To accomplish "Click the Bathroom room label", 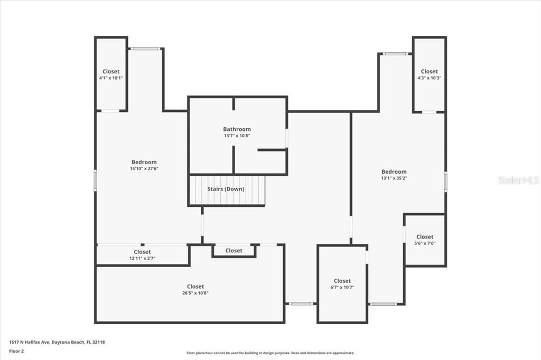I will tap(237, 129).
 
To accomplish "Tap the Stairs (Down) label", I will tap(226, 189).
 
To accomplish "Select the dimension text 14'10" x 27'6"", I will tap(144, 169).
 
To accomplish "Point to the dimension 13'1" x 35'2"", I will tap(394, 178).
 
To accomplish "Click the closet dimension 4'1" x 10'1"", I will tap(111, 78).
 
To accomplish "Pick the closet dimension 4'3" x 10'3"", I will tap(429, 78).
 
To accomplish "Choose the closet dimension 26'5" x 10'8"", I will tap(195, 293).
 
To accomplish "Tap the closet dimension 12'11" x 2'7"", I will tap(142, 259).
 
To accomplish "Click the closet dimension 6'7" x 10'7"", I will tap(342, 288).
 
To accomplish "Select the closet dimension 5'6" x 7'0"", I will tap(425, 244).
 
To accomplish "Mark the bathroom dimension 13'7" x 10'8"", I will tap(237, 136).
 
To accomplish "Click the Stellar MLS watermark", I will tap(518, 180).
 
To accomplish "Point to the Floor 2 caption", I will tap(16, 350).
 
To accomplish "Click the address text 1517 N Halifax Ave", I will tap(30, 342).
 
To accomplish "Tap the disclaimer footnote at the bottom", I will tap(270, 353).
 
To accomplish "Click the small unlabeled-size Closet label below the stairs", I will tap(234, 250).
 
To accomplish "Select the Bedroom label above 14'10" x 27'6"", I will tap(144, 162).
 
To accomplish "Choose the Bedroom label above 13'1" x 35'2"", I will tap(394, 172).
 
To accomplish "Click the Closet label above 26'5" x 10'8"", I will tap(195, 287).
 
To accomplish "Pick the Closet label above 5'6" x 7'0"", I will tap(425, 237).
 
